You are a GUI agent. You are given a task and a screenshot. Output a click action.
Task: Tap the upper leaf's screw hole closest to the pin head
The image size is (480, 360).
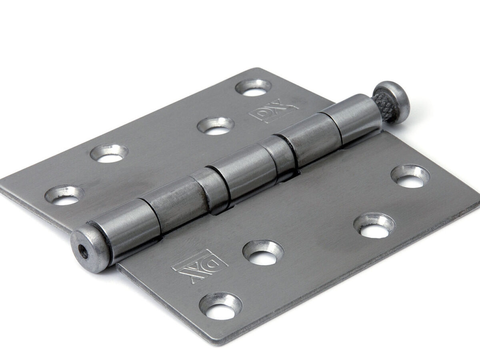click(x=254, y=88)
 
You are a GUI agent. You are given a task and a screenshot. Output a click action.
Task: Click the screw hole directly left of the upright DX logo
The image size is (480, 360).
click(x=216, y=126)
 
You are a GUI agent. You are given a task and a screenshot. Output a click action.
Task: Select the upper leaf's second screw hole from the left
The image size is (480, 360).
click(x=109, y=154)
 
